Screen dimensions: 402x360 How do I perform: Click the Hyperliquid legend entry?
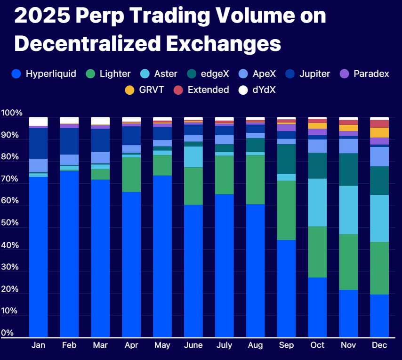[x=44, y=74]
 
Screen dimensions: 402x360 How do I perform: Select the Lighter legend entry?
[x=108, y=74]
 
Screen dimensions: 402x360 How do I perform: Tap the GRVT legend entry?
[x=145, y=90]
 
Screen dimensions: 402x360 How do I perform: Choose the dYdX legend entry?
[x=257, y=90]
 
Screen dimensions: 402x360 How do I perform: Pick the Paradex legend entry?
[x=364, y=74]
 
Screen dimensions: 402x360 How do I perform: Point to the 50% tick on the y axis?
[x=9, y=222]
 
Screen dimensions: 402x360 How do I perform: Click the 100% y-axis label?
[x=12, y=113]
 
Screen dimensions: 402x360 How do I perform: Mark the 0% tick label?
[x=7, y=333]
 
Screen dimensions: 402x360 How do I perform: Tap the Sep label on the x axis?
[x=286, y=345]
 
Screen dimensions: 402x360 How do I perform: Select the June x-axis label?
[x=193, y=345]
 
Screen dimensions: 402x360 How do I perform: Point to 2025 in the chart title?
[x=42, y=16]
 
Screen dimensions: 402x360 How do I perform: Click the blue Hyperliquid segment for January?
[x=39, y=257]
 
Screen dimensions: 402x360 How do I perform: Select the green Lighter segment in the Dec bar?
[x=379, y=268]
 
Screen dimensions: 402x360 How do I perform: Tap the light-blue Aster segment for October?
[x=317, y=203]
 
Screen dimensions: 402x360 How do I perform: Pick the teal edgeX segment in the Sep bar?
[x=286, y=159]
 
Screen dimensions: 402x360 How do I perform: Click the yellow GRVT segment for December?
[x=379, y=133]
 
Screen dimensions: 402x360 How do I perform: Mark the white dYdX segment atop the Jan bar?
[x=39, y=122]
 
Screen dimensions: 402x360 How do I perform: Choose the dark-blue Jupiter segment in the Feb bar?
[x=70, y=141]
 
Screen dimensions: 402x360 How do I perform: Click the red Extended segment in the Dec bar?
[x=379, y=123]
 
